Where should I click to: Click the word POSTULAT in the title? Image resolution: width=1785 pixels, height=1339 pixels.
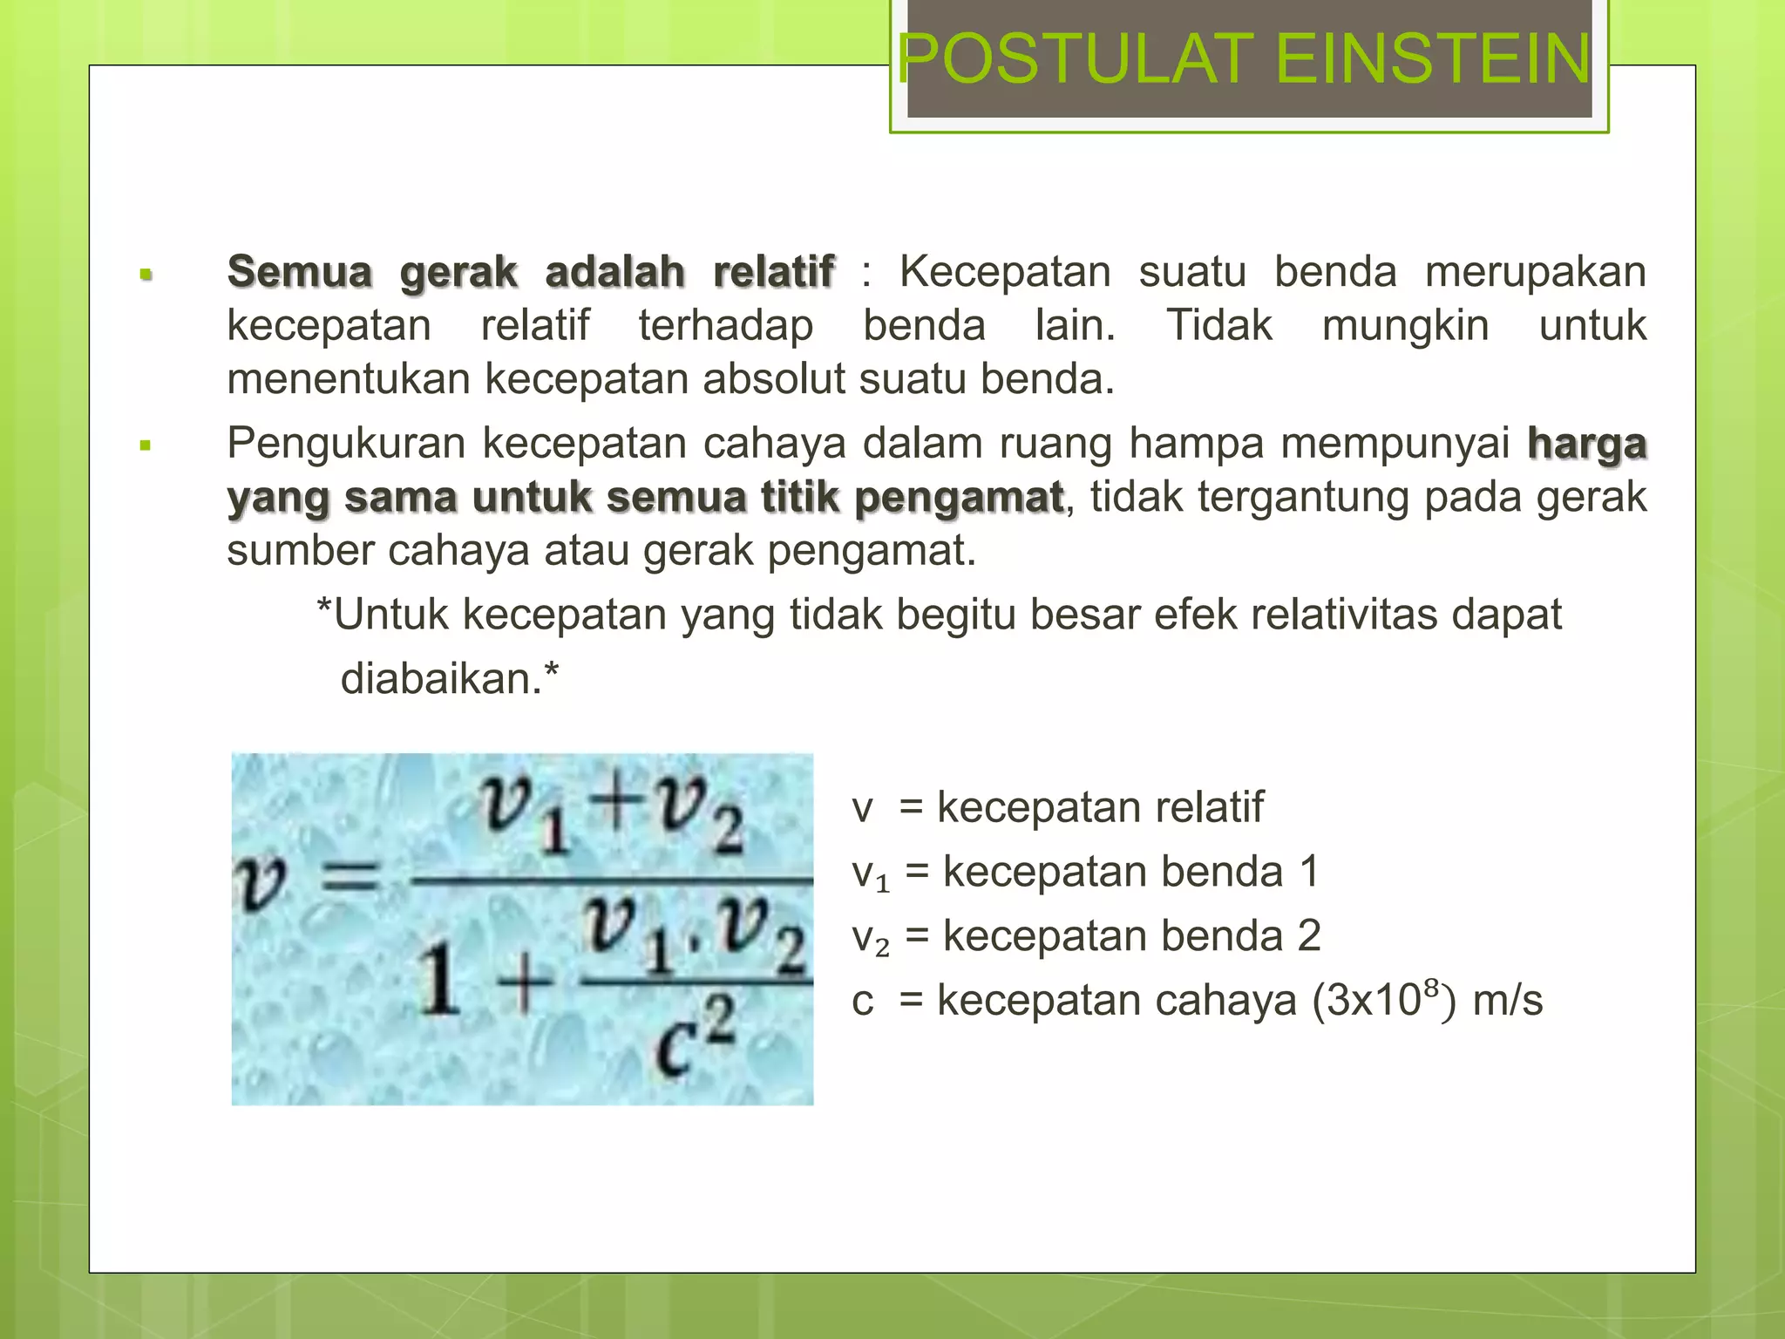click(1075, 59)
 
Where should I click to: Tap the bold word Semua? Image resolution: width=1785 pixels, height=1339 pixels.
click(299, 271)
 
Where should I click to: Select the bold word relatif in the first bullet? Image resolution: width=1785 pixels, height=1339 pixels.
click(774, 271)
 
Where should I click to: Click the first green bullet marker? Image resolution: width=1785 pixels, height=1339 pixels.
click(146, 275)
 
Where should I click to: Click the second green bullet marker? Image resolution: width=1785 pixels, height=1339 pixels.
click(146, 446)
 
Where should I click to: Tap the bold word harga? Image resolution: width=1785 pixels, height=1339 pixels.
click(1586, 444)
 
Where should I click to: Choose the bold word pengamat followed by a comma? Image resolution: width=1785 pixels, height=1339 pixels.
click(958, 498)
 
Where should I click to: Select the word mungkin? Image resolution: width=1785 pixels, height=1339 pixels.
click(1405, 326)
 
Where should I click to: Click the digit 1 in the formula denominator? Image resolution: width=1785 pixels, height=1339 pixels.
click(440, 981)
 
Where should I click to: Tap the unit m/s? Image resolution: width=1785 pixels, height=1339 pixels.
click(1507, 1000)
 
